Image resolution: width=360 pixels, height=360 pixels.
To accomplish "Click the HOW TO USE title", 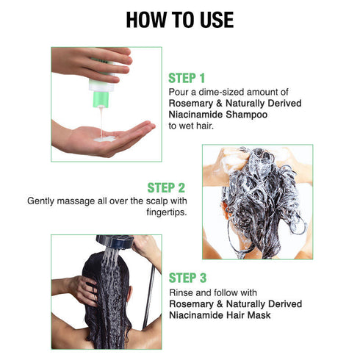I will [x=180, y=20].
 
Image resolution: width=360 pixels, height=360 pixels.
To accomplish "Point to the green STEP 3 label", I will [x=192, y=278].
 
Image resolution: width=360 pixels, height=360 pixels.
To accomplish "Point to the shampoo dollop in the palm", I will [x=104, y=137].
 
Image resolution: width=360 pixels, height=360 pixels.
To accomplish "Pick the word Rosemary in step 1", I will [x=191, y=103].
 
